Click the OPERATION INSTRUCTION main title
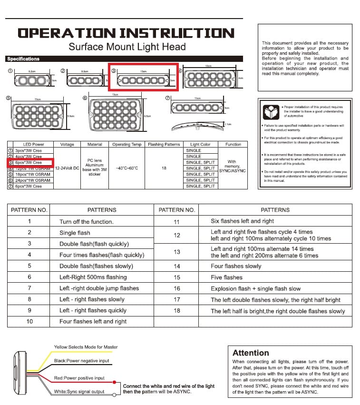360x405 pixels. coord(126,33)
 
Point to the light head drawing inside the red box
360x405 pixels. coord(143,80)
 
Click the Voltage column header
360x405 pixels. coord(64,144)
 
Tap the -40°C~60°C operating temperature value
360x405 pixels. coord(127,168)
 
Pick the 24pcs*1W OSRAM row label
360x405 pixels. coord(32,180)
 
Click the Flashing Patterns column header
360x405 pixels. coord(164,144)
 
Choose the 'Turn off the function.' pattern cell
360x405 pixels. coord(87,222)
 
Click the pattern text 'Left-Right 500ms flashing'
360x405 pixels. coord(93,277)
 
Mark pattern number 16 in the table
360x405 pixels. coord(177,288)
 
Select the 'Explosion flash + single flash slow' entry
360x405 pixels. coord(256,288)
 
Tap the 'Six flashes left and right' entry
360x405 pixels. coord(243,221)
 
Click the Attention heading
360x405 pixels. coord(251,353)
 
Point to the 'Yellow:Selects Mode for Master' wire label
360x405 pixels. coord(85,347)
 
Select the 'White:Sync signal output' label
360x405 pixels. coord(79,392)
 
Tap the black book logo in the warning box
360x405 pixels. coord(271,112)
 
